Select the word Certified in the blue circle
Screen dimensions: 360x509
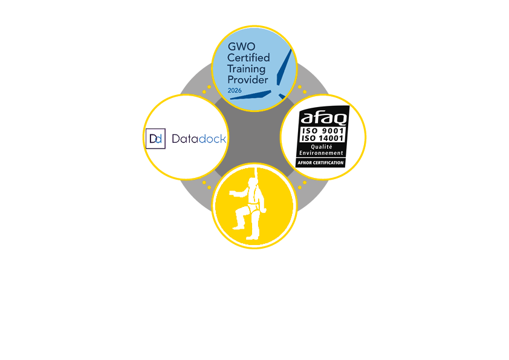point(248,57)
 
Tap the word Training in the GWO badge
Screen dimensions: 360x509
point(245,69)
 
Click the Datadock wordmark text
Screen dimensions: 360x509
point(199,139)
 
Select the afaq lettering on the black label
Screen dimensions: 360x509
point(322,116)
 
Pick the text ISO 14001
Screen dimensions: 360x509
point(322,138)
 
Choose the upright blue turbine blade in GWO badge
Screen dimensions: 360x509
point(284,67)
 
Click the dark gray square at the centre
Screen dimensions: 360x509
point(254,139)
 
